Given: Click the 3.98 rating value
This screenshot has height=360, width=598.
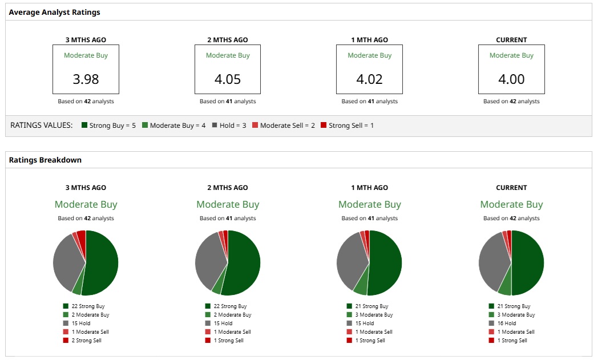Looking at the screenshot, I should [x=86, y=79].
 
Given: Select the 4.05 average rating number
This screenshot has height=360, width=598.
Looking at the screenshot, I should [x=228, y=79].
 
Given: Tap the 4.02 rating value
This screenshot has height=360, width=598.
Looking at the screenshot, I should [x=369, y=79].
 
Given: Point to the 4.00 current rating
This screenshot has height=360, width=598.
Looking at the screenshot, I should [x=511, y=79].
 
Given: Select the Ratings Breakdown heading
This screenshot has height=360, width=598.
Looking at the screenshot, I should [x=45, y=160].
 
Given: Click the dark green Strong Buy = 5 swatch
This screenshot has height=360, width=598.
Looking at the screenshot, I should [x=85, y=125].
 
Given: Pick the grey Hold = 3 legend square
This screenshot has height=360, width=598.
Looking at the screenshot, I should [x=215, y=125].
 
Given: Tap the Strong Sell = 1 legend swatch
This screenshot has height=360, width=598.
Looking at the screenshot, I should [x=324, y=125].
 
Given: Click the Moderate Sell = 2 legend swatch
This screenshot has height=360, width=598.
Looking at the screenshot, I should [x=255, y=125].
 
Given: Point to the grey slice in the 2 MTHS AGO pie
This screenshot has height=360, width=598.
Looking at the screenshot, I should [x=208, y=260].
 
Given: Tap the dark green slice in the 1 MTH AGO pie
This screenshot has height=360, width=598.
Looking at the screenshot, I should [x=386, y=262].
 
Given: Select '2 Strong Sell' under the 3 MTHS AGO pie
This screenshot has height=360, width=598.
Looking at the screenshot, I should [x=86, y=340].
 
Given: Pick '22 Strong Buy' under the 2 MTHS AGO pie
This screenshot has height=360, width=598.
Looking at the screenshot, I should [x=230, y=306].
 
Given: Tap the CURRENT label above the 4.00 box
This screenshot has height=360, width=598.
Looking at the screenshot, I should [x=511, y=40].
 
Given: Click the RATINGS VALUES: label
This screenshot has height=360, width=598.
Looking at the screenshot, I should [x=42, y=125].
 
